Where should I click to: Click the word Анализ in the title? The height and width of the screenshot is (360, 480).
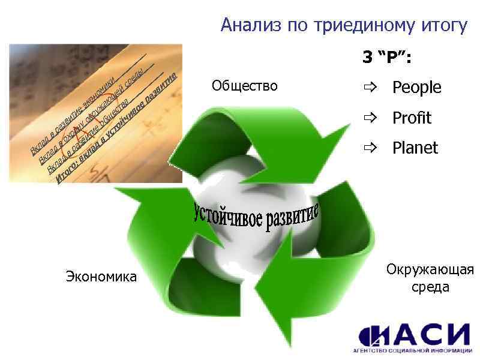pos(247,25)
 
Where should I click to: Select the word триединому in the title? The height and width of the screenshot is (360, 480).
pos(351,25)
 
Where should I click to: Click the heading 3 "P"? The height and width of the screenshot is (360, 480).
pos(385,58)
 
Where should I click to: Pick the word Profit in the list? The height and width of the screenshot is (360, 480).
pos(412,118)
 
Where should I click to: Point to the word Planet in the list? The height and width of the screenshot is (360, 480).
pos(415,148)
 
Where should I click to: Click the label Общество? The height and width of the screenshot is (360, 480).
pos(245,86)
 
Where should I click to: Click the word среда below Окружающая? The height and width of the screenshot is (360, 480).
pos(430,287)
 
